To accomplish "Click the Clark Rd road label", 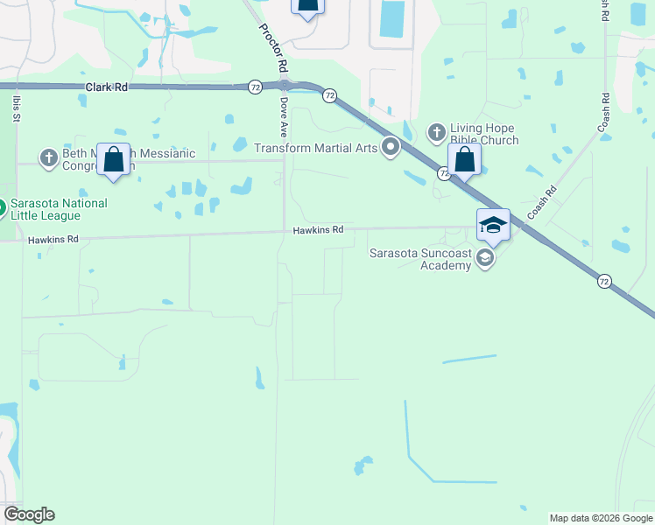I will (x=107, y=87).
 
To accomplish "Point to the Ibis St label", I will (x=16, y=108).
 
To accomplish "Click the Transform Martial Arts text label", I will (x=315, y=148).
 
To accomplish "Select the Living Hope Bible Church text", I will (x=484, y=134).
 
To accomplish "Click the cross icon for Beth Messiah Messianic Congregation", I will (x=49, y=157).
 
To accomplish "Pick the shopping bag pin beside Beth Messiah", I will (x=113, y=160).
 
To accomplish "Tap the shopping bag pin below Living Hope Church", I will (x=464, y=160).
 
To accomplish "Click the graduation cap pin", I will (x=493, y=226).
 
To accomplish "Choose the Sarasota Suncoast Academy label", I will (x=420, y=260).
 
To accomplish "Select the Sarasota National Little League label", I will (x=60, y=210).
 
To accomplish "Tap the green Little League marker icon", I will (x=2, y=209).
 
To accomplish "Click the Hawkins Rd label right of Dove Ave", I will (x=318, y=229).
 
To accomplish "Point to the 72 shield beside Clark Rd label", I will (x=255, y=87).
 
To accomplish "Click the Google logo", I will (x=29, y=514).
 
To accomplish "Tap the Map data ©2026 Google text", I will (x=600, y=518).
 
